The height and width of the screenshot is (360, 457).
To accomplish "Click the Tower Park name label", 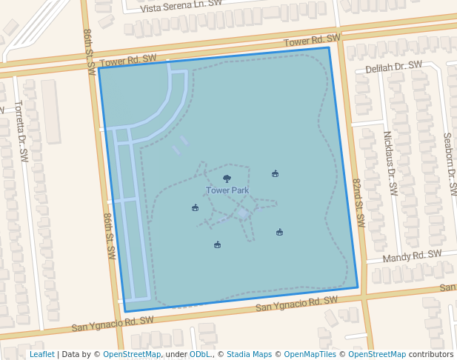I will coord(227,190).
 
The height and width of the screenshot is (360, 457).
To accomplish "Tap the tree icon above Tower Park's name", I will coord(227,179).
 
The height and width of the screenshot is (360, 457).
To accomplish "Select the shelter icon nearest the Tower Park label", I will coord(195,207).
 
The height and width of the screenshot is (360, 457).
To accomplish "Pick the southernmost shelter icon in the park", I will coord(217,244).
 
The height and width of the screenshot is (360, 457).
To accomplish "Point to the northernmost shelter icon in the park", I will coord(275,174).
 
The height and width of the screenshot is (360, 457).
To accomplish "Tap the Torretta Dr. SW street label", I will coord(21,131).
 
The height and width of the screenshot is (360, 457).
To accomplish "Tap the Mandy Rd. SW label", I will coord(413,256).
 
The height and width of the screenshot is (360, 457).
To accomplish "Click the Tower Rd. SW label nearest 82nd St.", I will coord(313,39).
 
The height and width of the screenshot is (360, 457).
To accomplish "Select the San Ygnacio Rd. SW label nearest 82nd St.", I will coord(296,304).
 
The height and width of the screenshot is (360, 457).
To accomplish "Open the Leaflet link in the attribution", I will coord(41,354).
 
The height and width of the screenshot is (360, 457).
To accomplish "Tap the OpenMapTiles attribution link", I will coord(310,354).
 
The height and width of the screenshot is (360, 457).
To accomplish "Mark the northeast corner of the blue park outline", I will coord(329,48).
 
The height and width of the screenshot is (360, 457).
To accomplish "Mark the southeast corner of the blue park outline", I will coord(358,287).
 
